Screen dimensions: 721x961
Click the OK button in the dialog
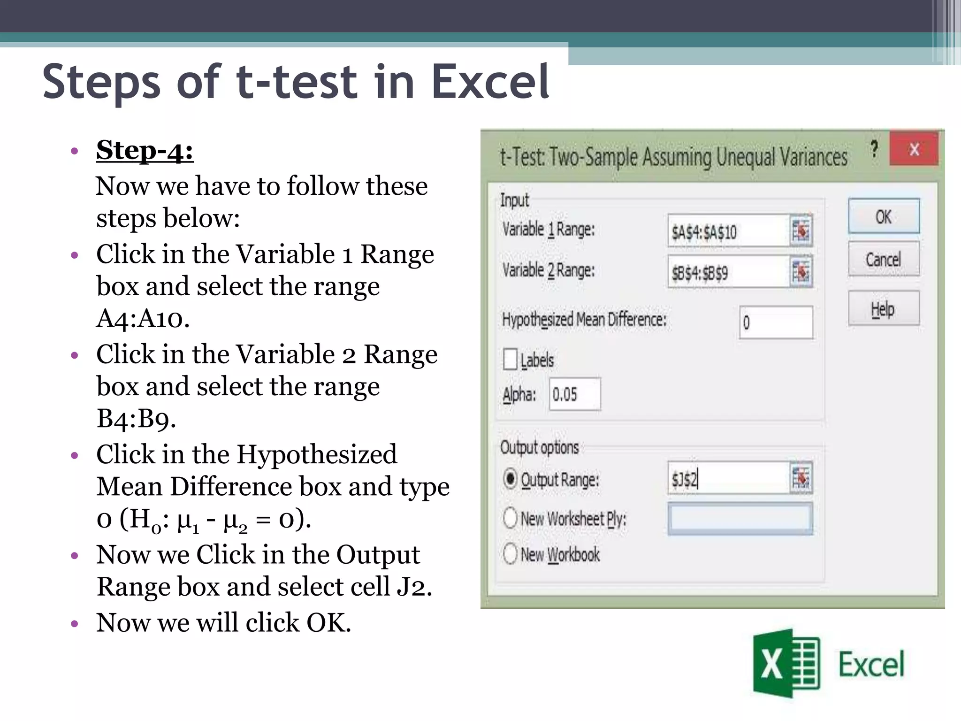884,216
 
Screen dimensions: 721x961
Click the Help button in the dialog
884,308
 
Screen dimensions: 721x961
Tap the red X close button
914,149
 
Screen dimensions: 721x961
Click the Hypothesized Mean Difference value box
776,322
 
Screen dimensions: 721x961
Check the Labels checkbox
510,360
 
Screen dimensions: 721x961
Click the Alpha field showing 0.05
574,394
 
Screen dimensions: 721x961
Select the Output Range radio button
510,479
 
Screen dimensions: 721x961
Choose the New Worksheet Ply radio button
510,518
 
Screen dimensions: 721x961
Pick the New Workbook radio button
510,553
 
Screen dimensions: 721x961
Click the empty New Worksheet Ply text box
740,519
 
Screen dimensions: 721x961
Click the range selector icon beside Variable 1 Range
801,230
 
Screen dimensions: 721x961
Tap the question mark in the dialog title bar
874,149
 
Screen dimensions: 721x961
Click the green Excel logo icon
786,663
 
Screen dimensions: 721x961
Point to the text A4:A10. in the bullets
143,318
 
